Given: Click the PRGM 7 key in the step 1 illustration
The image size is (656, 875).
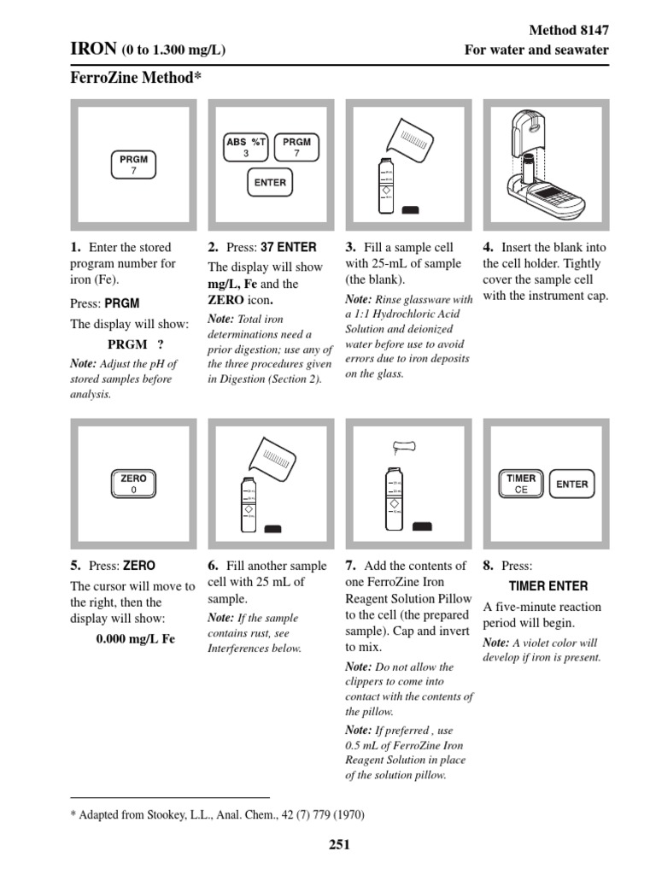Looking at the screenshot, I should click(x=133, y=164).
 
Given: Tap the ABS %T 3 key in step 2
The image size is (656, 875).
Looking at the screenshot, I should click(x=246, y=148).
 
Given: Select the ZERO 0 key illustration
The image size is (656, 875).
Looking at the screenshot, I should click(x=133, y=484).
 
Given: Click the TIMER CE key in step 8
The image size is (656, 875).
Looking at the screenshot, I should click(x=521, y=484).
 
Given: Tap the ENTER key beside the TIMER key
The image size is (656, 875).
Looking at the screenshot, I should click(x=571, y=484).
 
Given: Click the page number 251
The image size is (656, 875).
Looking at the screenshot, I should click(x=339, y=845).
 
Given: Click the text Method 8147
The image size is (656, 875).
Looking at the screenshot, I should click(x=569, y=30).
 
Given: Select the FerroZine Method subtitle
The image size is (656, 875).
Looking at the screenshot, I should click(x=136, y=78).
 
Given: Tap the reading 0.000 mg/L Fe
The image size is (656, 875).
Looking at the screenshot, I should click(x=135, y=638).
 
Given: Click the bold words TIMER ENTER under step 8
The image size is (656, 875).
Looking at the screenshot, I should click(x=548, y=586).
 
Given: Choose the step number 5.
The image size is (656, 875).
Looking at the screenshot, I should click(x=75, y=566).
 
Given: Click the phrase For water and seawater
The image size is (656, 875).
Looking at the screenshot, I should click(x=536, y=50).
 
